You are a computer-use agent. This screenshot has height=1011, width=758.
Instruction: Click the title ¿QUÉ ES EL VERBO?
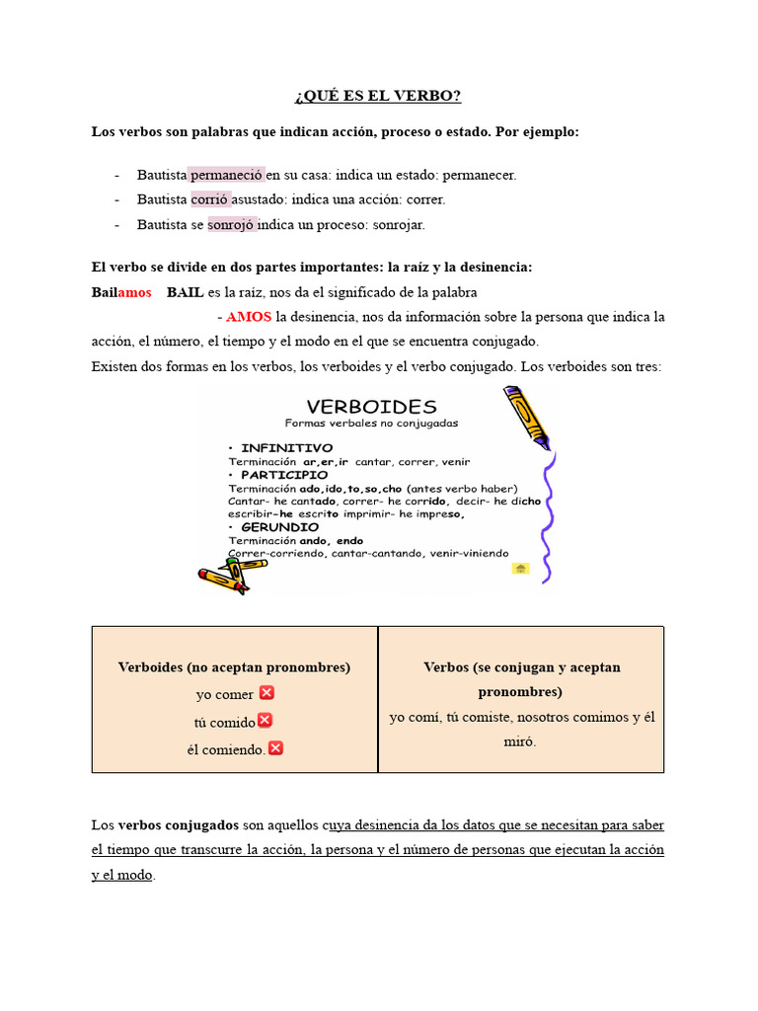pyautogui.click(x=378, y=96)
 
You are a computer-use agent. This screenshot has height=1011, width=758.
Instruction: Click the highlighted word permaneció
pyautogui.click(x=227, y=175)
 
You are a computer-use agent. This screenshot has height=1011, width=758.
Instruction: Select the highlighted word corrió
pyautogui.click(x=210, y=199)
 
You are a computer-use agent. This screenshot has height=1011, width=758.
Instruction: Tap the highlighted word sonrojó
pyautogui.click(x=231, y=224)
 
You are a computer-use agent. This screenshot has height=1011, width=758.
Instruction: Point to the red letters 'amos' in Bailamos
pyautogui.click(x=134, y=292)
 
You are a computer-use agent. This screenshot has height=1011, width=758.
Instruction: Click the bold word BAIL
pyautogui.click(x=185, y=292)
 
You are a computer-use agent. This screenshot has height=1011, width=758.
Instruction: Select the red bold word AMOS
pyautogui.click(x=249, y=317)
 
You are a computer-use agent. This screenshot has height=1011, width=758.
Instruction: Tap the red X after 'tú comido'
pyautogui.click(x=265, y=721)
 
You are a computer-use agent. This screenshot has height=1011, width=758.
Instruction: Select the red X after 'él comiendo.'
pyautogui.click(x=275, y=748)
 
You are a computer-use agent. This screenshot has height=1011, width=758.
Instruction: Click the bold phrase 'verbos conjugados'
pyautogui.click(x=179, y=824)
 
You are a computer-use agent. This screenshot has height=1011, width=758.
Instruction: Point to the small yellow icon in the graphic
pyautogui.click(x=520, y=569)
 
